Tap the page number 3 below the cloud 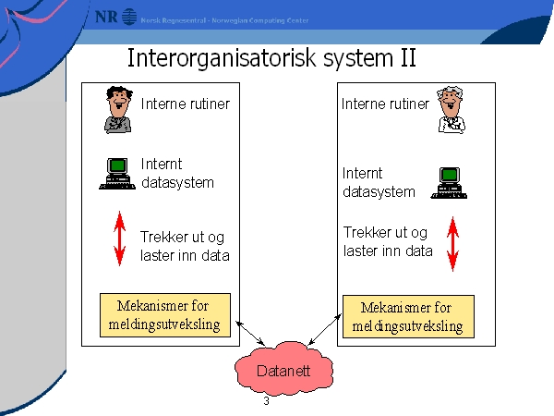[266, 402]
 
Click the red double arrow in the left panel [119, 238]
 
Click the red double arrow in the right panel [452, 243]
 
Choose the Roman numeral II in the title [406, 58]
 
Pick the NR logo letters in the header [106, 17]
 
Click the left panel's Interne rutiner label [185, 104]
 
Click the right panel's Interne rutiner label [385, 104]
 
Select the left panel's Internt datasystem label [177, 173]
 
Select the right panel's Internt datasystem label [379, 182]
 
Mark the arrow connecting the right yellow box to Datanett [317, 333]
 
